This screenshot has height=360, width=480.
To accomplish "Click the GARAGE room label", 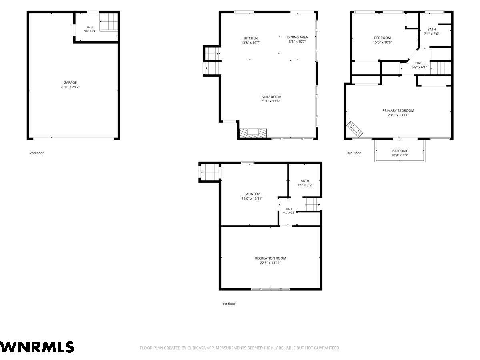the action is coord(70,82).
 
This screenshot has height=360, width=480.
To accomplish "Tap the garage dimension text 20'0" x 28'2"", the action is coord(70,87).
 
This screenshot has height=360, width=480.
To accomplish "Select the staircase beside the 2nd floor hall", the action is coord(108,22).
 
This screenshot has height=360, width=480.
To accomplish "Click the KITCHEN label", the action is coord(250,38).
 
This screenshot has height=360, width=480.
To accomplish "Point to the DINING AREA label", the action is coord(297,37).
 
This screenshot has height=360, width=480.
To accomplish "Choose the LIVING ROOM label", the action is coord(270,97).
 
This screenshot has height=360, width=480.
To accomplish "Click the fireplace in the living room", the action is coord(253,133).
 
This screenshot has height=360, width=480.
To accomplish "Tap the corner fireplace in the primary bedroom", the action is coord(354,128).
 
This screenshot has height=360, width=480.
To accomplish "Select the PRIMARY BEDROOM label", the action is coord(398,110).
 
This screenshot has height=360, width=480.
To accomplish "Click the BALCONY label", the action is coord(400,151).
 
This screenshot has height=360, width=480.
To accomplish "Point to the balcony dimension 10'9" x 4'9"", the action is coord(400,155).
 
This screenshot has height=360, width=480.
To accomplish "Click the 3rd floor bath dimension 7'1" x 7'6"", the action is coord(432,34).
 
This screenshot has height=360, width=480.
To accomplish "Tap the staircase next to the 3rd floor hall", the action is coord(441,68).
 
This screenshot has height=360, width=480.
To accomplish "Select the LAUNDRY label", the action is coord(252,194).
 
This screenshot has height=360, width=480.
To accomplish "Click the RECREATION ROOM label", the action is coord(270,258).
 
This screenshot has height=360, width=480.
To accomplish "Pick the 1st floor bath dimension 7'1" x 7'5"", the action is coord(305,185).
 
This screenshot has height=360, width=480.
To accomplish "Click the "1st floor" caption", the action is coord(229,304).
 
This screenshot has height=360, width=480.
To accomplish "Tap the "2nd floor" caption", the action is coord(37,153).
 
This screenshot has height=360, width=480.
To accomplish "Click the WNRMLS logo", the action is coord(37,347).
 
